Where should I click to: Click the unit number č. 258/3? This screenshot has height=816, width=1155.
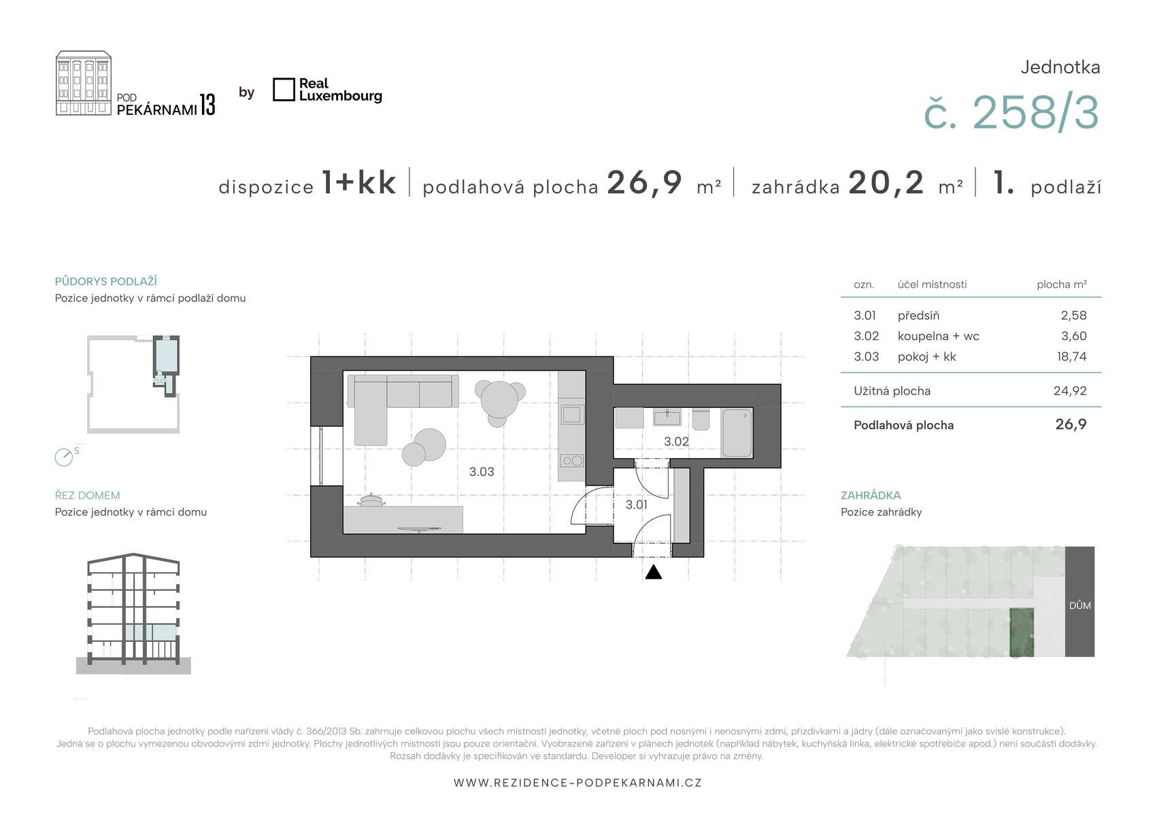tap(1011, 112)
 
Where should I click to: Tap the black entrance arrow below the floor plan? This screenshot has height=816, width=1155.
tap(653, 572)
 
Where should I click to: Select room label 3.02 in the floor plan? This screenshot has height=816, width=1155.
tap(676, 441)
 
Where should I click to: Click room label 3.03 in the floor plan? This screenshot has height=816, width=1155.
tap(481, 472)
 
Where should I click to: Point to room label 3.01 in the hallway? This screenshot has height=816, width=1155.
tap(636, 505)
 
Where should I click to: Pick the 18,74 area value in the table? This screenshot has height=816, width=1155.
tap(1071, 357)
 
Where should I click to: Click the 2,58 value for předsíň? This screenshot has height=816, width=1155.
tap(1073, 316)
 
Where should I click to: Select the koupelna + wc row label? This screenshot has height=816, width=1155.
tap(938, 336)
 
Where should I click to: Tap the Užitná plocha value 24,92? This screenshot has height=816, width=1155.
tap(1070, 391)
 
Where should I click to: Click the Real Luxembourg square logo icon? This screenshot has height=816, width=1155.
tap(284, 90)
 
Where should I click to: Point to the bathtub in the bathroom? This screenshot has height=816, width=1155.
tap(737, 432)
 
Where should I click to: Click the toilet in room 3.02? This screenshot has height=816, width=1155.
tap(701, 419)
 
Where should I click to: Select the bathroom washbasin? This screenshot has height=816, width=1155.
tap(667, 417)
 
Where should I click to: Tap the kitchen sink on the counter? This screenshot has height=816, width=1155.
tap(571, 414)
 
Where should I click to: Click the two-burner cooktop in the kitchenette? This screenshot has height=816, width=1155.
tap(571, 460)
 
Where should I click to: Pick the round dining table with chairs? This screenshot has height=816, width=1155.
tap(499, 401)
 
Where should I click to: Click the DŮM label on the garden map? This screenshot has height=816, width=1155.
tap(1079, 606)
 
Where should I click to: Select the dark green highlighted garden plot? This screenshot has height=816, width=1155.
tap(1022, 632)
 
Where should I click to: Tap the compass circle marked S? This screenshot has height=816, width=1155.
tap(64, 457)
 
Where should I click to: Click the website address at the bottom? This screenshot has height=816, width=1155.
tap(577, 783)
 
